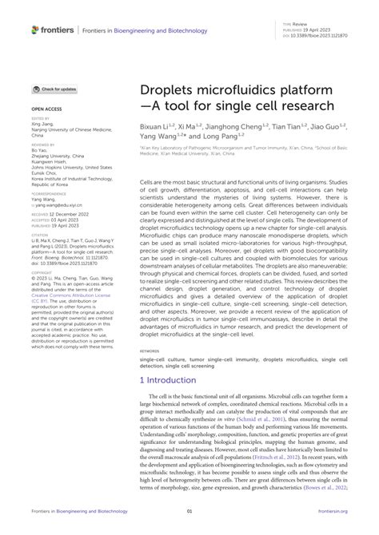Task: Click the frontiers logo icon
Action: [34, 30]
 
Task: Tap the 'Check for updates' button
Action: [55, 89]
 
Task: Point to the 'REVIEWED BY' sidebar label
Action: [43, 143]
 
